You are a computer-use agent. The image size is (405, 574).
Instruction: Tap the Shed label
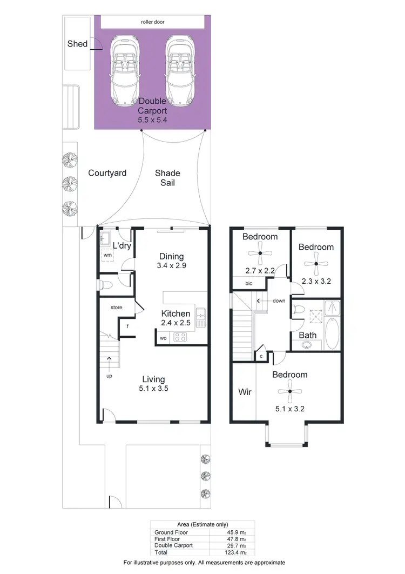coord(77,44)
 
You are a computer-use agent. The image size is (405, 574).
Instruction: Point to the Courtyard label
coord(107,173)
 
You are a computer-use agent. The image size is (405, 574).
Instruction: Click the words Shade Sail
coord(167,178)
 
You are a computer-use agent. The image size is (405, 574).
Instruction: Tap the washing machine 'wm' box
coord(107,255)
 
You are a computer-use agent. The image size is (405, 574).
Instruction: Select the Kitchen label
coord(175,313)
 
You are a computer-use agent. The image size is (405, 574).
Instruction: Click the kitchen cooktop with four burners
coord(179,338)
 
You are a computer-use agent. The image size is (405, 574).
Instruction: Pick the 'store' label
coord(117,308)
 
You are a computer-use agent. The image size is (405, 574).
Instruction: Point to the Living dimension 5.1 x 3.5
coord(153,388)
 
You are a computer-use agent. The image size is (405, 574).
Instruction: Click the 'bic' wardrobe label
coord(248,283)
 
